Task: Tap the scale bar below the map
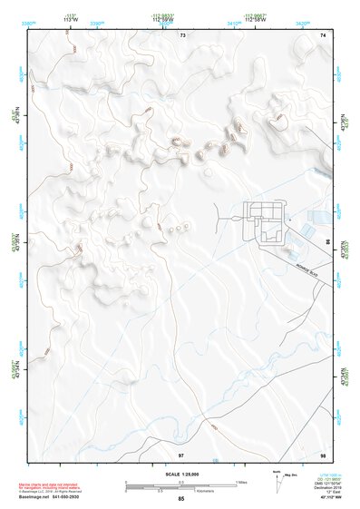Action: tap(180, 486)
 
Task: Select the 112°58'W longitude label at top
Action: tap(164, 17)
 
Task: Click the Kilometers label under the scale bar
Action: tap(181, 494)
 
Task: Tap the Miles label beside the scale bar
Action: tap(241, 482)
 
